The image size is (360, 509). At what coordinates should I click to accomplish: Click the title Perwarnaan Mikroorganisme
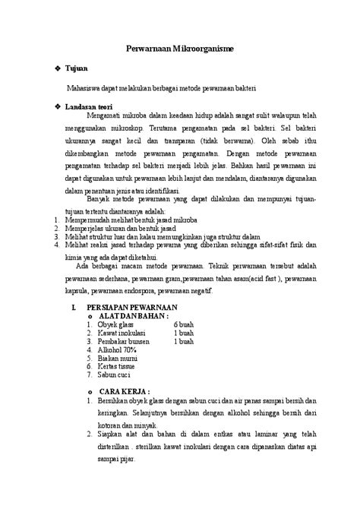[x=179, y=49]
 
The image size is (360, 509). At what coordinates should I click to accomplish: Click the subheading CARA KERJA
[x=125, y=387]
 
